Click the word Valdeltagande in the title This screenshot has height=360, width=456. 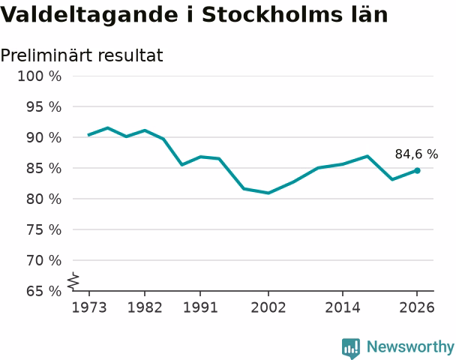[x=88, y=15]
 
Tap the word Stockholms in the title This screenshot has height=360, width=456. [x=271, y=14]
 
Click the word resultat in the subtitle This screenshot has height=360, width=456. [x=130, y=55]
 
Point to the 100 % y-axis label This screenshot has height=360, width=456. [x=40, y=76]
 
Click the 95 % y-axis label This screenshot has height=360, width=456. [x=44, y=107]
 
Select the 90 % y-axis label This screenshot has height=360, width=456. [x=44, y=137]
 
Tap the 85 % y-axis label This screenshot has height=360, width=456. [x=44, y=168]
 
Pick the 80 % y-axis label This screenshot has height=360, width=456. [x=44, y=199]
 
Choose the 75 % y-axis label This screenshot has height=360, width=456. [x=44, y=230]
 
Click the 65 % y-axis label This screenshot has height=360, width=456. [x=44, y=291]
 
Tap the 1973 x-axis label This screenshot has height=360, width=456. [x=89, y=307]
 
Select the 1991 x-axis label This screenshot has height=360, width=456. [x=200, y=307]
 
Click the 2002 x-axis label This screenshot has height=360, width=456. [x=268, y=307]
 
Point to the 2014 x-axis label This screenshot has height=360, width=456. [x=343, y=307]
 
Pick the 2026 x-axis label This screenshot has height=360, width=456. [x=417, y=307]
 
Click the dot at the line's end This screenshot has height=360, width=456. [x=417, y=171]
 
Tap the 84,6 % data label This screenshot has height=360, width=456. [x=416, y=154]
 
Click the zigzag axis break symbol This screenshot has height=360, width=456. [x=73, y=281]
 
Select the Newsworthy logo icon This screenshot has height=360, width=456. [x=351, y=348]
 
